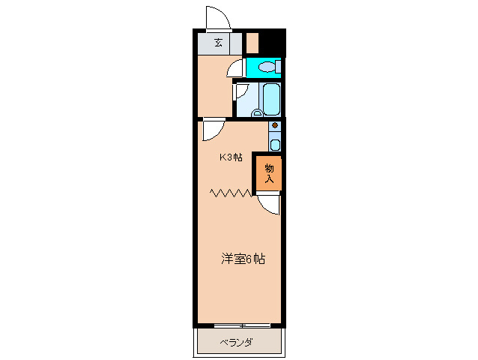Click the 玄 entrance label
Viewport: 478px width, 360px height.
click(218, 43)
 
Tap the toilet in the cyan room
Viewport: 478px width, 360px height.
click(266, 67)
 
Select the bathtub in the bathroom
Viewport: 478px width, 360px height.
click(270, 98)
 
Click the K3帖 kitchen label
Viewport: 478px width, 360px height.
click(230, 157)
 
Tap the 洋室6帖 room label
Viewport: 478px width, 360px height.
click(242, 259)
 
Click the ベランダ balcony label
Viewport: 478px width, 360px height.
click(236, 343)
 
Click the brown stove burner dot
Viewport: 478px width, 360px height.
click(275, 125)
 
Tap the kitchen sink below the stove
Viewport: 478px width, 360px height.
click(275, 144)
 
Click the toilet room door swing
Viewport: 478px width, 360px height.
click(235, 68)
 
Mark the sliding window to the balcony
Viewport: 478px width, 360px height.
click(241, 325)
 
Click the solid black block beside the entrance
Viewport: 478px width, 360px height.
click(273, 42)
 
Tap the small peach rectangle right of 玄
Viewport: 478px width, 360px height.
click(252, 43)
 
